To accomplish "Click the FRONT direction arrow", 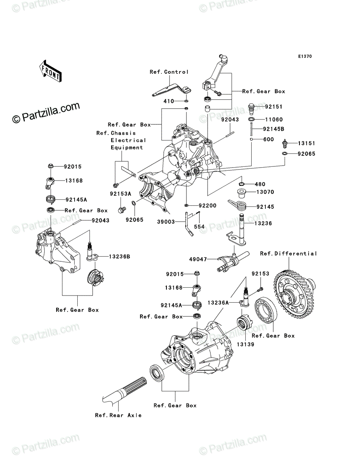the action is coord(50,71).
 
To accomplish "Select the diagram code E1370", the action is coord(305,57).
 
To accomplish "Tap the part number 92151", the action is coord(274,107).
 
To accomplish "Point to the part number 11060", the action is coord(274,120).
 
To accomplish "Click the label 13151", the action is coord(306,143).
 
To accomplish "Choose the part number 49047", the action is coord(198,259).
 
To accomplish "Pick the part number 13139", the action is coord(245,344).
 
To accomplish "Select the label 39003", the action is coord(166,222).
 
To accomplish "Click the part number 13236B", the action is coord(119,257).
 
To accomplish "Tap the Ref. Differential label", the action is coord(289,254).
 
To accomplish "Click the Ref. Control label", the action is coord(169,72).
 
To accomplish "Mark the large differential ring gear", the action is coord(294,294).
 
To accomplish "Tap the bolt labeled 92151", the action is coord(251,109).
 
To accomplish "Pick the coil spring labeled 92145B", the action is coord(252,129).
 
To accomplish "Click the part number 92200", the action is coord(207,206).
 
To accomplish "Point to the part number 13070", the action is coord(265,192).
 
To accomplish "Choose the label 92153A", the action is coord(121,194).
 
